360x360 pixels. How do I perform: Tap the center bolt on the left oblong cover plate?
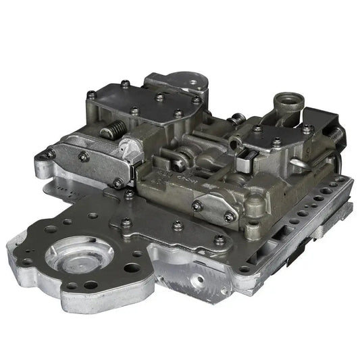[x=83, y=156]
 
